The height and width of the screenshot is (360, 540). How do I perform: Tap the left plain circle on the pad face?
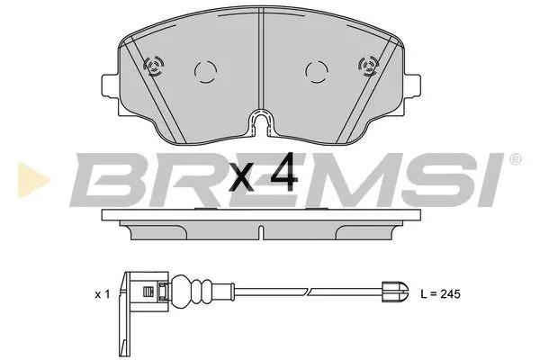[204, 70]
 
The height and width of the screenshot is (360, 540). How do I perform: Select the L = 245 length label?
[445, 294]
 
